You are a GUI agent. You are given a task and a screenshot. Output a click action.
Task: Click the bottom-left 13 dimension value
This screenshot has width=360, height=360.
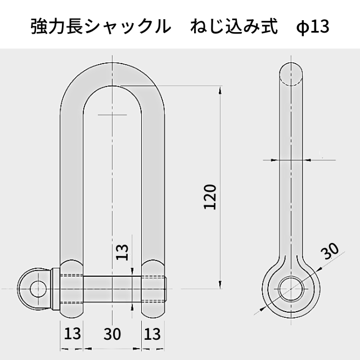tap(72, 334)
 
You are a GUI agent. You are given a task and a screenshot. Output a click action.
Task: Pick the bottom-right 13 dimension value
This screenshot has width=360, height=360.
tap(152, 334)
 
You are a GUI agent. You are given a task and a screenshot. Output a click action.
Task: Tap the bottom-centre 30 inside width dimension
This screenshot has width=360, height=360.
tap(112, 334)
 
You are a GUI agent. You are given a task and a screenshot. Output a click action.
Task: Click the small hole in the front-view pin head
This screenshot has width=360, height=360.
tap(38, 289)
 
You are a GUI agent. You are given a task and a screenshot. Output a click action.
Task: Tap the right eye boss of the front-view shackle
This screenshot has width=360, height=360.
tap(152, 289)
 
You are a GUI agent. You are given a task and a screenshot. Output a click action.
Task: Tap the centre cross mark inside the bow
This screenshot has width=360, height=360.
tap(112, 115)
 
